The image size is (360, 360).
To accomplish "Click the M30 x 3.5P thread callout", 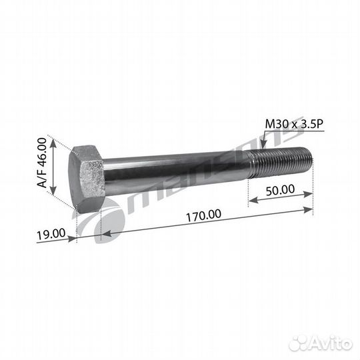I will [294, 124].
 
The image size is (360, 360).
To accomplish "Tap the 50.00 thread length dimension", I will [281, 189].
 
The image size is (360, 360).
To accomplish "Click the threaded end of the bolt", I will [280, 162].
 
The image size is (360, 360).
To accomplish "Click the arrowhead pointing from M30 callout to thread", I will [263, 143].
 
